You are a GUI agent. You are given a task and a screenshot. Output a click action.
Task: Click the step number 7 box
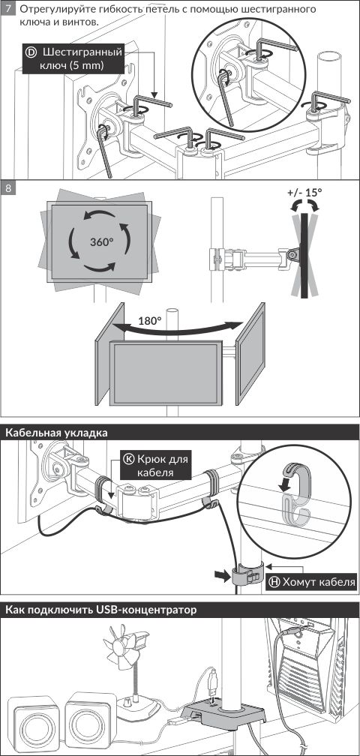[8, 9]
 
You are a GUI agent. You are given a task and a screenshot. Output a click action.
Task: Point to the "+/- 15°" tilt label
[304, 192]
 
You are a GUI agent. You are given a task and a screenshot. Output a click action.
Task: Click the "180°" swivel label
[150, 321]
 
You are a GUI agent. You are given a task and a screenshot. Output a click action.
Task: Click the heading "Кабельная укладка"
[56, 433]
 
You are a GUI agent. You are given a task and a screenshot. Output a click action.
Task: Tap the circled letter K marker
[129, 459]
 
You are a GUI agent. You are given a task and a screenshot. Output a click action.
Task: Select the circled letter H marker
[273, 582]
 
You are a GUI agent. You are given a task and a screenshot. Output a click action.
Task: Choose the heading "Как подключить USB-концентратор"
[101, 610]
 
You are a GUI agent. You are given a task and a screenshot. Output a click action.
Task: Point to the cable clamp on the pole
[247, 574]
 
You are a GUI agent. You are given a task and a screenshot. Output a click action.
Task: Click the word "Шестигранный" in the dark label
[82, 52]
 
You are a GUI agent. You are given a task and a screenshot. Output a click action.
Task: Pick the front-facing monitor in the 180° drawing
[166, 373]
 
